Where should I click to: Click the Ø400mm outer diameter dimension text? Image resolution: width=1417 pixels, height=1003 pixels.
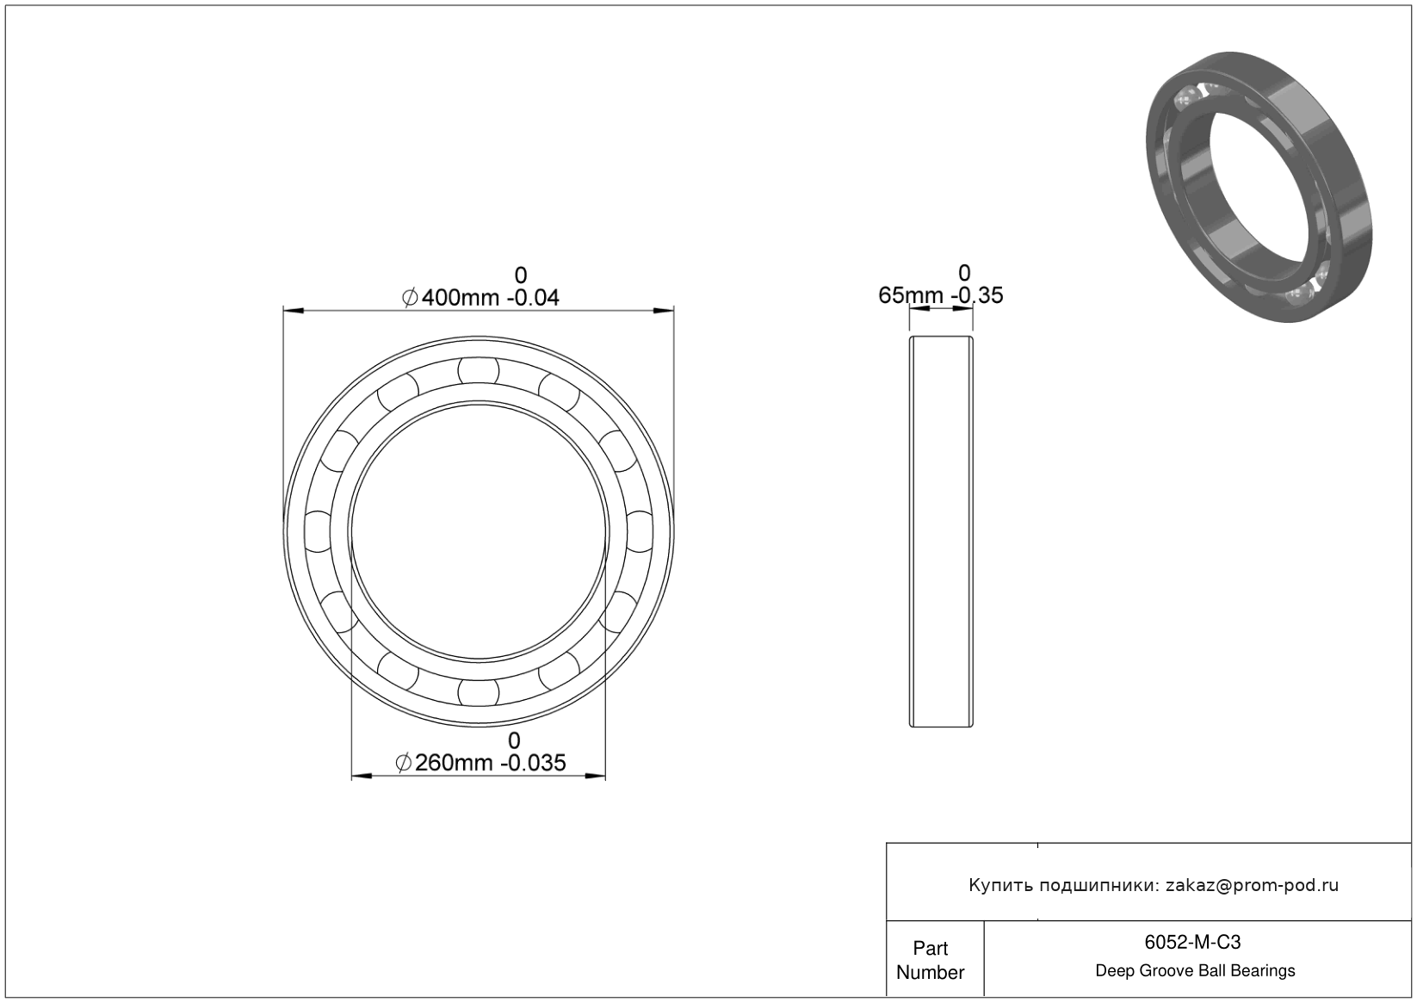(480, 297)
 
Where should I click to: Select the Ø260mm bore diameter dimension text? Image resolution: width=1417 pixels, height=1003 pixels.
(480, 763)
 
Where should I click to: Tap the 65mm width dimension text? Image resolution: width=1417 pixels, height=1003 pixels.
(941, 295)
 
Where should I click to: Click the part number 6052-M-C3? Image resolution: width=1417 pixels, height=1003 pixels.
(1192, 942)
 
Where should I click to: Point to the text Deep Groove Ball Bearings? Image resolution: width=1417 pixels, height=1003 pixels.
(1195, 971)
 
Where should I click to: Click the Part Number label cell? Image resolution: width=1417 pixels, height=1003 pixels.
(931, 960)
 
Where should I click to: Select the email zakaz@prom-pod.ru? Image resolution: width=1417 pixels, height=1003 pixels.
(1252, 885)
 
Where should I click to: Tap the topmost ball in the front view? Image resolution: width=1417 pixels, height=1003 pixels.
(479, 371)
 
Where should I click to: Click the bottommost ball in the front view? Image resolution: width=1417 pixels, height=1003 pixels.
(479, 692)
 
